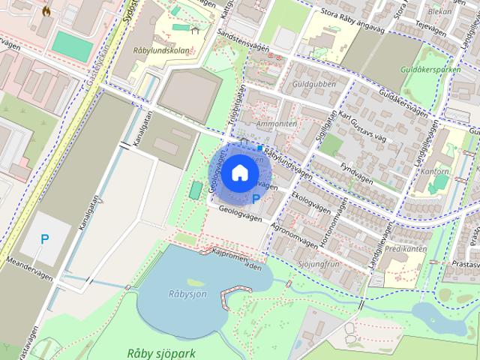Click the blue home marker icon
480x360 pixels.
[238, 173]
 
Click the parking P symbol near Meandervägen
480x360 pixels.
[45, 240]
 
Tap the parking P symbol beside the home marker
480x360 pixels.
[256, 199]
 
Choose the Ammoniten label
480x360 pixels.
[277, 123]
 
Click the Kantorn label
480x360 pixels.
[435, 172]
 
